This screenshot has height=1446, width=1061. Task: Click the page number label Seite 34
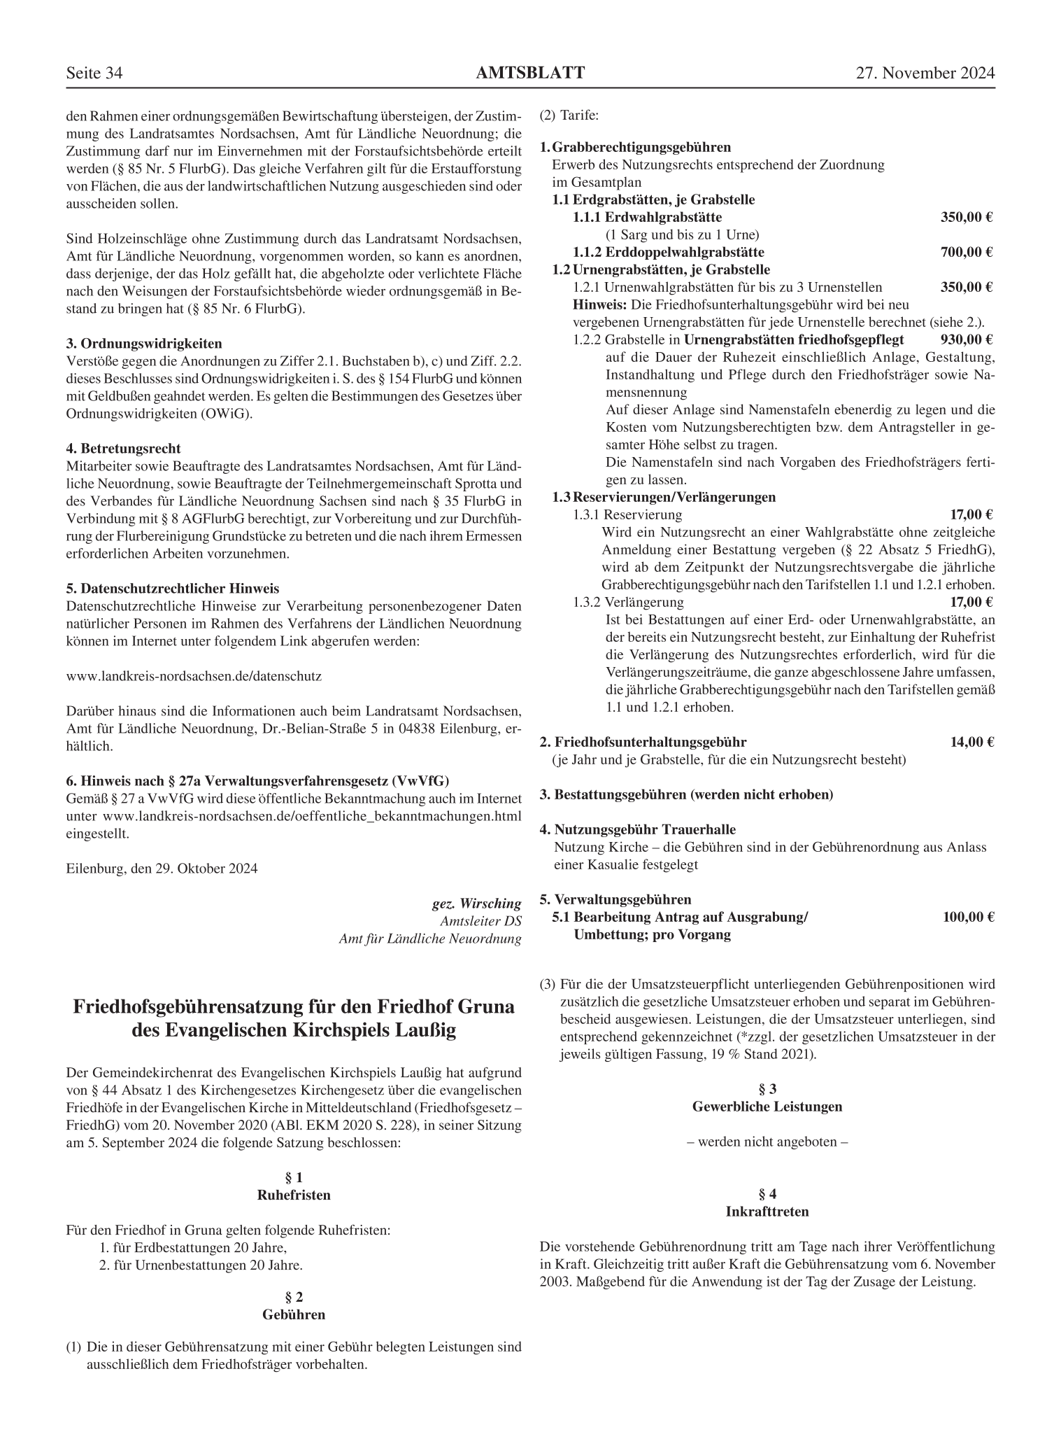(94, 73)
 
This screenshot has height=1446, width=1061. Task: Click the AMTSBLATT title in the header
(530, 73)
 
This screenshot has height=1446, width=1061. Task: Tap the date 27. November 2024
(925, 73)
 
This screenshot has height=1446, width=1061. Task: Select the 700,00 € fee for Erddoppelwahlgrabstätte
(967, 252)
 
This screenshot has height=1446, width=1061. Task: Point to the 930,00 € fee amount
(967, 339)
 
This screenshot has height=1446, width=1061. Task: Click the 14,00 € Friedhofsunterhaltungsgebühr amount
(971, 742)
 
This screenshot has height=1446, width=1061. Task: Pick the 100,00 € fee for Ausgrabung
(968, 917)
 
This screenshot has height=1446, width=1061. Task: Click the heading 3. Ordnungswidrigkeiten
(144, 344)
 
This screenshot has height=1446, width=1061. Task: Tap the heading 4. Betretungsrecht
(123, 449)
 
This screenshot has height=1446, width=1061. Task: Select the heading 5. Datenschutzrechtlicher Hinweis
(172, 589)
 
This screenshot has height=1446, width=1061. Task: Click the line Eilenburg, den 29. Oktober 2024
(162, 869)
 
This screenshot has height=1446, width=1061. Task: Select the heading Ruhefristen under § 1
(294, 1195)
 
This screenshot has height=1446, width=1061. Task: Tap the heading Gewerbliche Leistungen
(767, 1107)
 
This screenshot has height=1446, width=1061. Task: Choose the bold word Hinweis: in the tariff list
(600, 305)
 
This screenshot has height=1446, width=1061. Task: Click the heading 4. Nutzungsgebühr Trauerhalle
(637, 829)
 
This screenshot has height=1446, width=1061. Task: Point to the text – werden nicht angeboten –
(767, 1142)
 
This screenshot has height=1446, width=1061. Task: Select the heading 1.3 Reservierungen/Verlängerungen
(664, 497)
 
